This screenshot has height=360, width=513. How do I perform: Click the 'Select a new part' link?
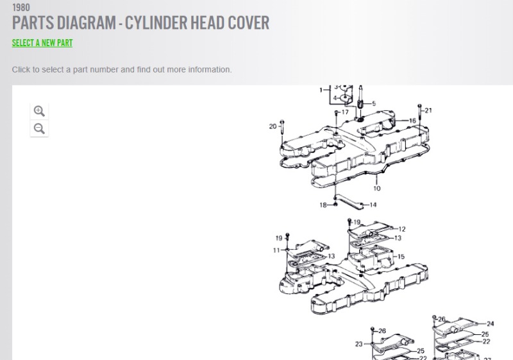(x=42, y=43)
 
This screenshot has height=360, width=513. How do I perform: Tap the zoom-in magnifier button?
(x=39, y=111)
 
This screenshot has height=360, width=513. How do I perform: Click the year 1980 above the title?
(x=21, y=7)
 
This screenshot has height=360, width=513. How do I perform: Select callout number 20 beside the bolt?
(x=273, y=126)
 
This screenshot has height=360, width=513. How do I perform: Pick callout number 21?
(x=428, y=110)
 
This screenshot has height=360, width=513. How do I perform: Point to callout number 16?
(x=412, y=121)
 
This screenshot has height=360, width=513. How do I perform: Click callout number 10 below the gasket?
(x=377, y=189)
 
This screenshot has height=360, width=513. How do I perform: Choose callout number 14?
(x=373, y=205)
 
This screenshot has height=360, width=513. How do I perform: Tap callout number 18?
(x=323, y=205)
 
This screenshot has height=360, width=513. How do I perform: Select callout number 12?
(x=402, y=229)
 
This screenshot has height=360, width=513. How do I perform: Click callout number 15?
(x=401, y=257)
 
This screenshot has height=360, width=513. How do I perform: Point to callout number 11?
(x=277, y=250)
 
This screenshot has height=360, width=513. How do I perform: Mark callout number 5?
(x=374, y=104)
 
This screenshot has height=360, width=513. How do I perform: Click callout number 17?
(x=345, y=112)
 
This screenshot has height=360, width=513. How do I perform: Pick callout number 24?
(x=490, y=324)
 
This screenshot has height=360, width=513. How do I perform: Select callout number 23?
(x=359, y=344)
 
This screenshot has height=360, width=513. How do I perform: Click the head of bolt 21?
(x=420, y=106)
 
